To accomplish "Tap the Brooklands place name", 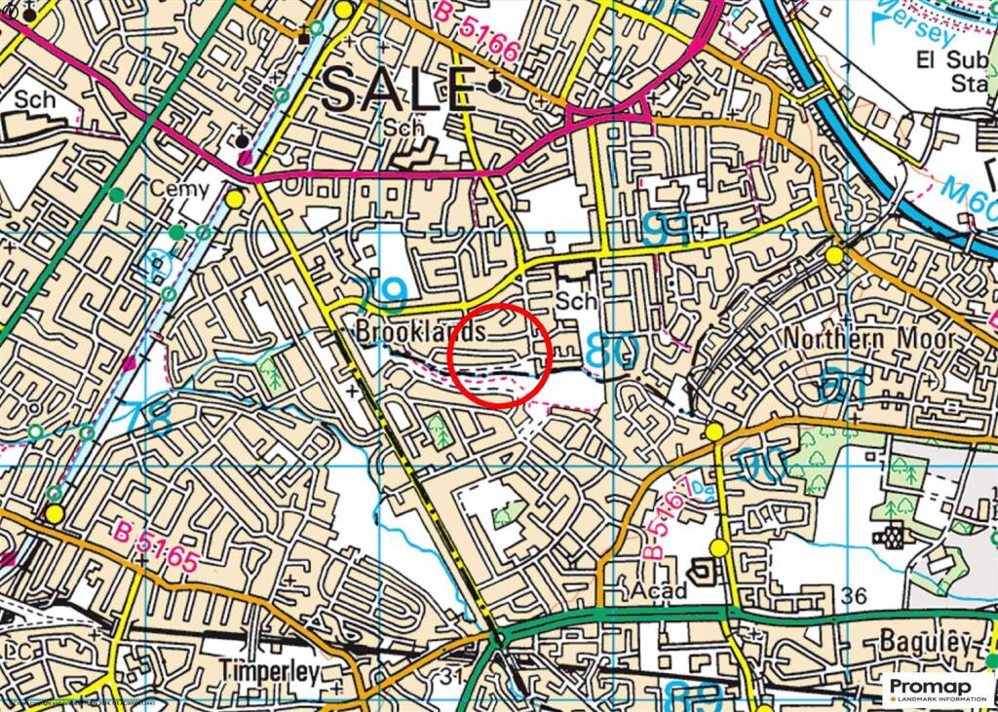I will pos(421,332).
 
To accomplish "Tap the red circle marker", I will pos(502,354).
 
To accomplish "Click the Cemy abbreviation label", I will pos(178,188).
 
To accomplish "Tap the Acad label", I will pos(661,590).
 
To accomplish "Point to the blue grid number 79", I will pos(379,289).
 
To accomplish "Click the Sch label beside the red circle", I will pos(575,302).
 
